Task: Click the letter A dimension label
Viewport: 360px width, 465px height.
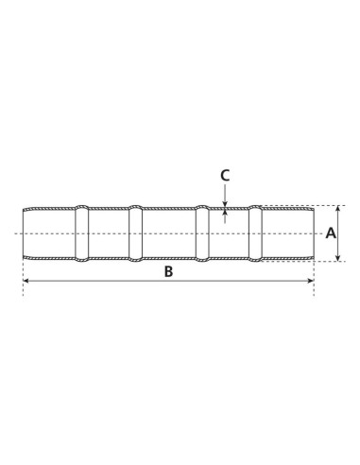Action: coord(331,232)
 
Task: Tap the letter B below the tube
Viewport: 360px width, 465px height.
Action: coord(168,272)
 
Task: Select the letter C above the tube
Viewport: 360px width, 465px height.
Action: coord(225,175)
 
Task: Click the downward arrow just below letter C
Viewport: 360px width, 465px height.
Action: coord(225,200)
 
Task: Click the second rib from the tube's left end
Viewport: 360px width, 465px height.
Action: coord(135,232)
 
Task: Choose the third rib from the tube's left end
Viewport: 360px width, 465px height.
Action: coord(201,232)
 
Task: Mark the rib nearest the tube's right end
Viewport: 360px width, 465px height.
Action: coord(256,232)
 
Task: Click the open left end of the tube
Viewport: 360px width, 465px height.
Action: coord(24,232)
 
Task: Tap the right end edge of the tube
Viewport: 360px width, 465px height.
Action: coord(313,232)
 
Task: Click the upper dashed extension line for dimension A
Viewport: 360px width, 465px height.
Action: coord(326,205)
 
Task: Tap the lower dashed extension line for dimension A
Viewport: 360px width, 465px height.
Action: coord(326,261)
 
